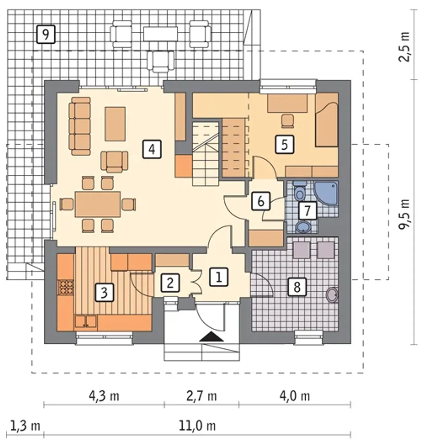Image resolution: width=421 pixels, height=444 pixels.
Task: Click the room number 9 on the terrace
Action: (x=46, y=34)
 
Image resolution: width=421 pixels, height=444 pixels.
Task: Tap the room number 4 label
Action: (x=152, y=149)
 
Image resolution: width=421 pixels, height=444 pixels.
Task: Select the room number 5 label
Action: (x=285, y=144)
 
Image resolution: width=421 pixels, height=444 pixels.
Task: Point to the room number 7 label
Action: (x=307, y=211)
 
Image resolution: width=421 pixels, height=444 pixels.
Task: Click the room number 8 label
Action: (x=297, y=287)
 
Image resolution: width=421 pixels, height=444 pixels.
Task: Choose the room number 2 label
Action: (x=170, y=283)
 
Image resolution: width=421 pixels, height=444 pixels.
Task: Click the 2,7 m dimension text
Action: (x=202, y=397)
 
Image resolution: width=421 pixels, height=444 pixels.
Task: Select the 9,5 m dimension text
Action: (x=404, y=214)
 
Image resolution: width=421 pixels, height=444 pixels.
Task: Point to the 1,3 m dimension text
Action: (x=25, y=426)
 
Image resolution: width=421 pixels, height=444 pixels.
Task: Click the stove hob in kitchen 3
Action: (x=66, y=287)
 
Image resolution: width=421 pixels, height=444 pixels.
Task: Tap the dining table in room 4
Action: (x=98, y=204)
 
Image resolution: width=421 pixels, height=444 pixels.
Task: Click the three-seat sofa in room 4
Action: (x=80, y=126)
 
